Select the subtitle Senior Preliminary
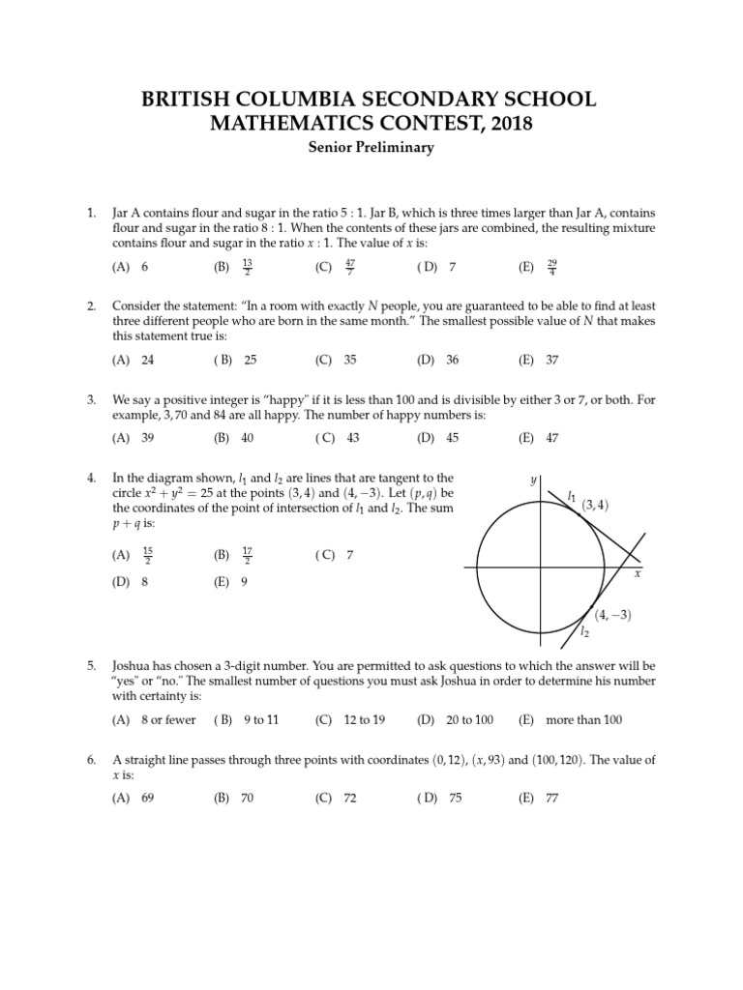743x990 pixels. (371, 148)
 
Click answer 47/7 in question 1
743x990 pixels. (349, 266)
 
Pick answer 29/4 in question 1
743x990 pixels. (551, 266)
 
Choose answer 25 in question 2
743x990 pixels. (250, 360)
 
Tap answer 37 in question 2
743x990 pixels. (551, 360)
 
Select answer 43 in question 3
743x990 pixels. (352, 437)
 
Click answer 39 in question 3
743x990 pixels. (148, 437)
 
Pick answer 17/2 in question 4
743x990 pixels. (249, 555)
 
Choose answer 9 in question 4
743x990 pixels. (245, 583)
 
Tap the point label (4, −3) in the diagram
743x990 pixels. (613, 615)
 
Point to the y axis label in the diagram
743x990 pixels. (533, 480)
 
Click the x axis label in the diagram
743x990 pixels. (638, 574)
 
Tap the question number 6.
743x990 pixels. (91, 760)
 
